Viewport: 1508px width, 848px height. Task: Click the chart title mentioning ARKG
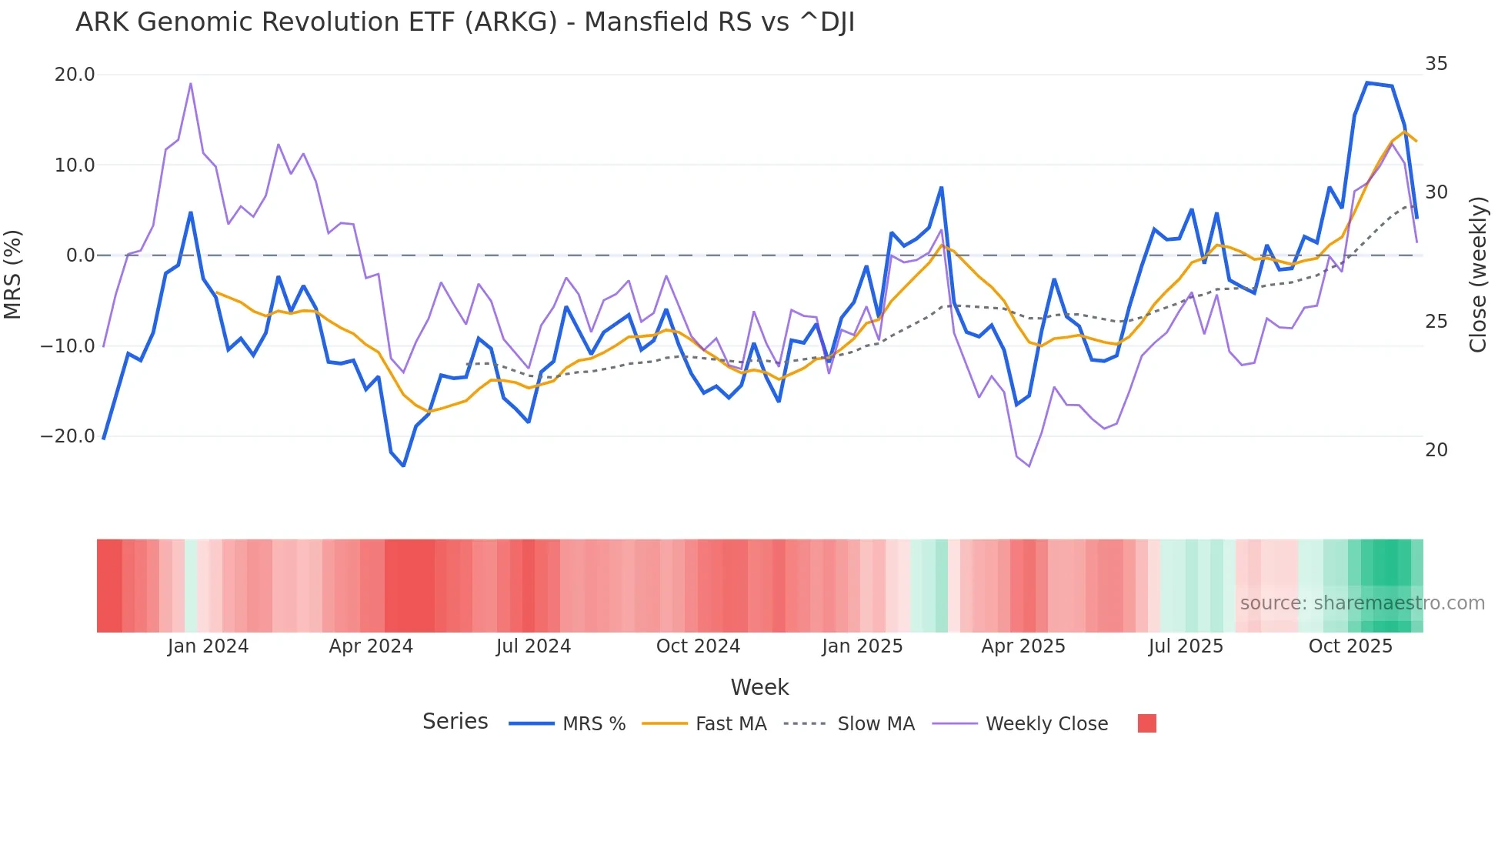point(465,22)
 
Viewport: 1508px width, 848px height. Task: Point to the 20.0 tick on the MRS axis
point(75,75)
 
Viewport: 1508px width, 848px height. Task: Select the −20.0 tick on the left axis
point(68,436)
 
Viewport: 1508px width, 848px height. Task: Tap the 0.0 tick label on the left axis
point(80,255)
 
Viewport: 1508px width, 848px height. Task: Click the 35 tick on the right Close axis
point(1436,64)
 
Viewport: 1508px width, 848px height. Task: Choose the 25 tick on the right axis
point(1436,322)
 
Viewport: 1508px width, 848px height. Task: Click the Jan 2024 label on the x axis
point(208,646)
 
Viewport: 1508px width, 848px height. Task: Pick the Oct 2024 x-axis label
point(698,646)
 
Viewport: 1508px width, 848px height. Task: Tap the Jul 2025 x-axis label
point(1186,646)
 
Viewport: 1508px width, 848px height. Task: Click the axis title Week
point(759,687)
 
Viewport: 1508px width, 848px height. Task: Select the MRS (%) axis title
point(13,274)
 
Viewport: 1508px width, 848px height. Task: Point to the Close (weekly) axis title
point(1477,274)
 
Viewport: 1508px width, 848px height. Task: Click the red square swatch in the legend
point(1146,723)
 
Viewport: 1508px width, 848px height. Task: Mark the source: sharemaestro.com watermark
point(1362,603)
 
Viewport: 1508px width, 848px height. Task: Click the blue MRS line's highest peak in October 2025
point(1367,82)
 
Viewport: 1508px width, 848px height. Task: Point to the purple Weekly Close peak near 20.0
point(191,83)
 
